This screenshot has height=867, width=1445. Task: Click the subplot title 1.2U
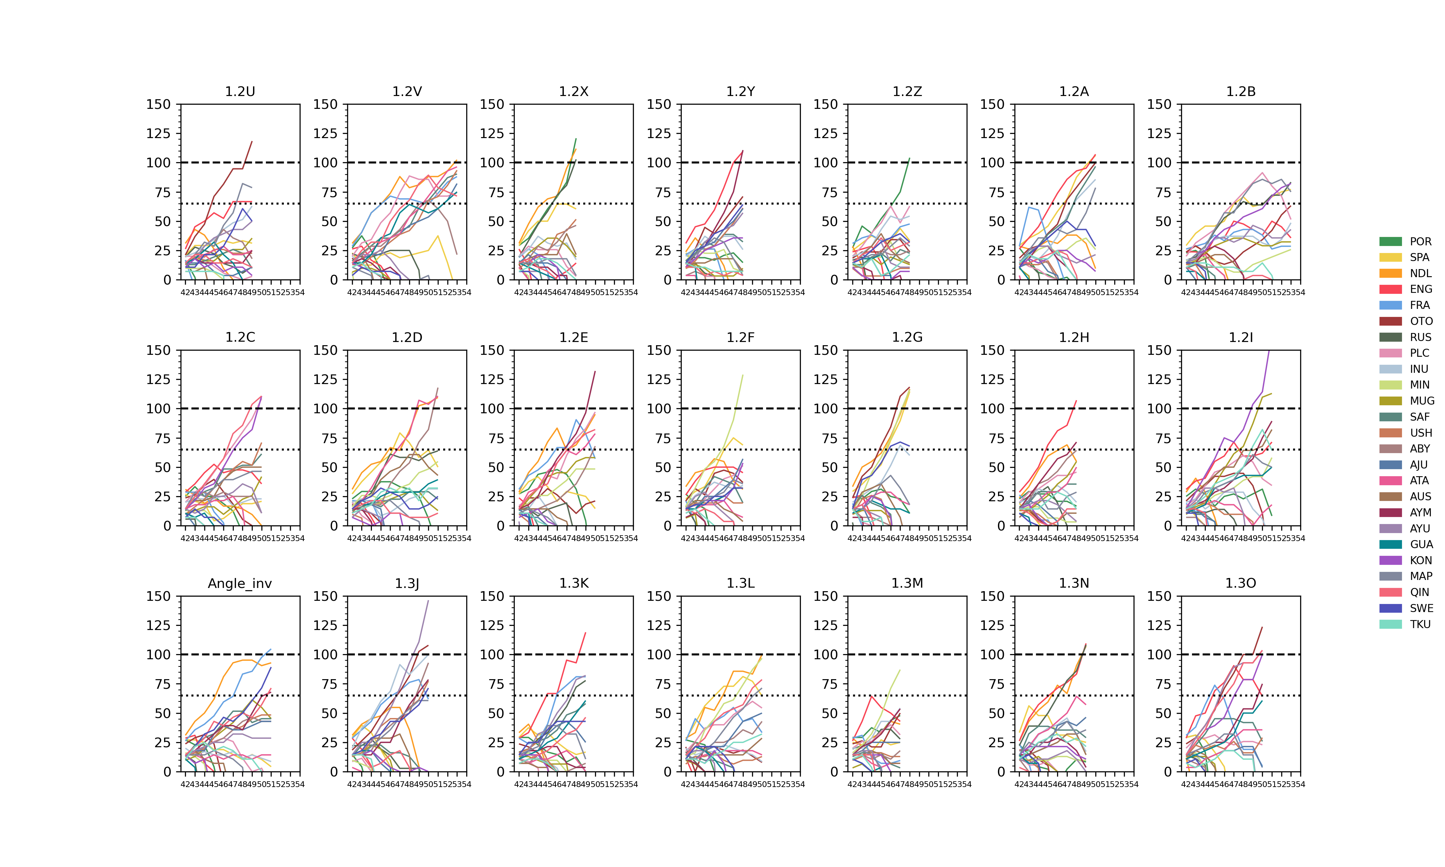(240, 92)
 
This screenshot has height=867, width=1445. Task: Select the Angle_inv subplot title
(240, 584)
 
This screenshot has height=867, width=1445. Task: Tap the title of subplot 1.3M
(907, 584)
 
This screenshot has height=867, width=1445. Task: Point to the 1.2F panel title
(740, 338)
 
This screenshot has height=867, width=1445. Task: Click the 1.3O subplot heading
(1240, 584)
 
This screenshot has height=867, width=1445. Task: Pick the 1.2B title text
(1240, 92)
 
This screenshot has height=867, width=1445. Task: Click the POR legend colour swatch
(1391, 241)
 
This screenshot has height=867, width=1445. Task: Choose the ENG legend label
(1421, 289)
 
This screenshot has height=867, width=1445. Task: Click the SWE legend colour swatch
(1391, 608)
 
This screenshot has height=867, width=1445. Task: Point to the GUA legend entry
(1421, 545)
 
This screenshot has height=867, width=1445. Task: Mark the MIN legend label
(1419, 385)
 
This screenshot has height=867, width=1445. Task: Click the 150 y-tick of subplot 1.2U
(158, 105)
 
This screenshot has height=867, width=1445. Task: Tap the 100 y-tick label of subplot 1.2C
(158, 409)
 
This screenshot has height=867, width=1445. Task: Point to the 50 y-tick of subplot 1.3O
(1162, 713)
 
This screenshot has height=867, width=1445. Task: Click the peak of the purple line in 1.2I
(1269, 351)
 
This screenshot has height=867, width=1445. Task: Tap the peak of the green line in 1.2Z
(909, 158)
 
